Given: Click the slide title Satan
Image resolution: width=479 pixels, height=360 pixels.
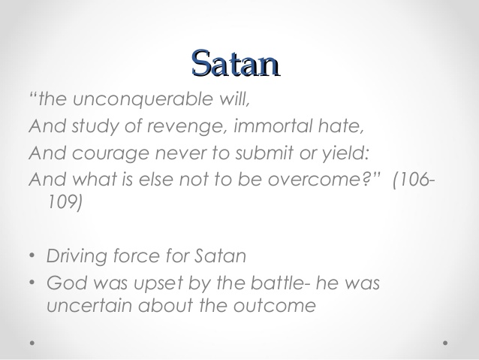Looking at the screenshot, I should [235, 63].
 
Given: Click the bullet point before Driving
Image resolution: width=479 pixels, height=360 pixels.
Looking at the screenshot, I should [32, 256].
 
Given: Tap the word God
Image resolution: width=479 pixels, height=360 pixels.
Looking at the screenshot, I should [64, 283].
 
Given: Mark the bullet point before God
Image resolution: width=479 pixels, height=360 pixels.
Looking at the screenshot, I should [32, 283].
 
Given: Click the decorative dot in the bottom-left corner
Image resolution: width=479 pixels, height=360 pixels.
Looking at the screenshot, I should [32, 342].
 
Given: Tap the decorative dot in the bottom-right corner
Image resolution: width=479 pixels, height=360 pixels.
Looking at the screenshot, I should [445, 342].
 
